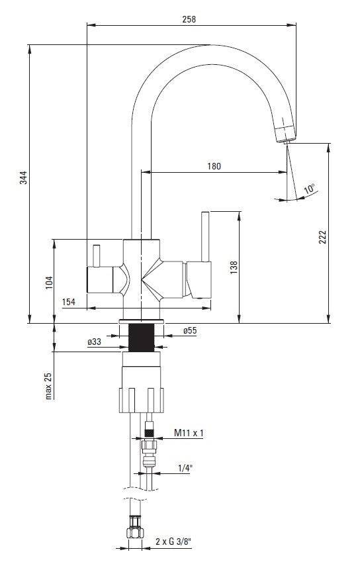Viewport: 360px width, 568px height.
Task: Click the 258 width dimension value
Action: [189, 19]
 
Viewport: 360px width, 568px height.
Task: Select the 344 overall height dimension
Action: [23, 177]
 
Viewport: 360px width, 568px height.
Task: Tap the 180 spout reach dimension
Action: [214, 166]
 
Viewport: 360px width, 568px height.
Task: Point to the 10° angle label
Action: [309, 189]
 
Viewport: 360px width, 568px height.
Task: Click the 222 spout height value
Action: [322, 237]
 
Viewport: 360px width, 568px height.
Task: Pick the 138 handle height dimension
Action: [234, 267]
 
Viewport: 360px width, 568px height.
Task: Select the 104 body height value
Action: [49, 283]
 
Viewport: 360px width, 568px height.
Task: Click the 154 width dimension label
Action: [69, 302]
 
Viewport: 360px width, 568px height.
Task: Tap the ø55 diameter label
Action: [190, 330]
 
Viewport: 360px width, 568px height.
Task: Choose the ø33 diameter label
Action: [94, 342]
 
